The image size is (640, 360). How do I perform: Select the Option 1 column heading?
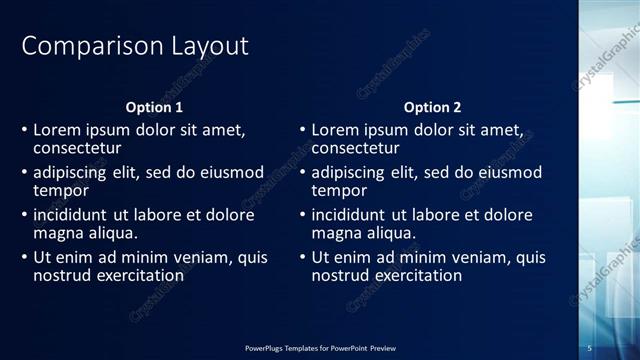(154, 107)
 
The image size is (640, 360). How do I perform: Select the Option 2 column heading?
(432, 107)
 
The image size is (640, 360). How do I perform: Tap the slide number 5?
(590, 347)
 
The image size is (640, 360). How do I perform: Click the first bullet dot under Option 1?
(25, 131)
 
